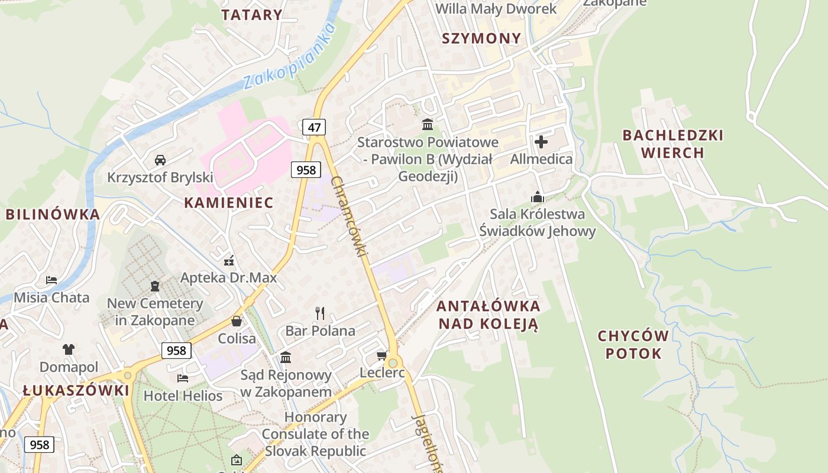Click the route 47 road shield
(313, 127)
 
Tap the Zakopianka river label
(290, 56)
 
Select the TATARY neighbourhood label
(251, 15)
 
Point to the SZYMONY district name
(482, 38)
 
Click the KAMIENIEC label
(228, 203)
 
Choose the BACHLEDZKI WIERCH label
(672, 144)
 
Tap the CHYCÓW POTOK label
(633, 345)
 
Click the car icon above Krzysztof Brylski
(160, 160)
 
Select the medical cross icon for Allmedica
(541, 142)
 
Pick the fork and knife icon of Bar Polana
(320, 313)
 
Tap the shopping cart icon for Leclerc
(381, 355)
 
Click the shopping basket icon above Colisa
(237, 321)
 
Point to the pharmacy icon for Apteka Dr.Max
(229, 260)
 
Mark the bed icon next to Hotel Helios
(183, 378)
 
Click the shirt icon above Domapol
(69, 349)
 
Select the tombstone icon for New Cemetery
(155, 286)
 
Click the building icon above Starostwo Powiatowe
(427, 125)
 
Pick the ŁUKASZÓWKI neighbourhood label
(76, 390)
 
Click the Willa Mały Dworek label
(496, 9)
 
